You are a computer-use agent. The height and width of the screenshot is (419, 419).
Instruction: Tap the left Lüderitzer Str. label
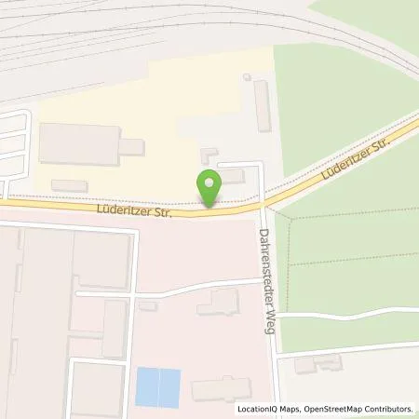coord(134,211)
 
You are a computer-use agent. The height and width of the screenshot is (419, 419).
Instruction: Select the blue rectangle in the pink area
coord(157,386)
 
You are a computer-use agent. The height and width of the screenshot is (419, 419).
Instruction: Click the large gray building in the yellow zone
coord(82,143)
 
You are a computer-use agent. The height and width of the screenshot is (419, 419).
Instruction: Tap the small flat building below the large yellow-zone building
coord(70,186)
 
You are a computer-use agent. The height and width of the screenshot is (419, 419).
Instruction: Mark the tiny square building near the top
coord(246,77)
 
